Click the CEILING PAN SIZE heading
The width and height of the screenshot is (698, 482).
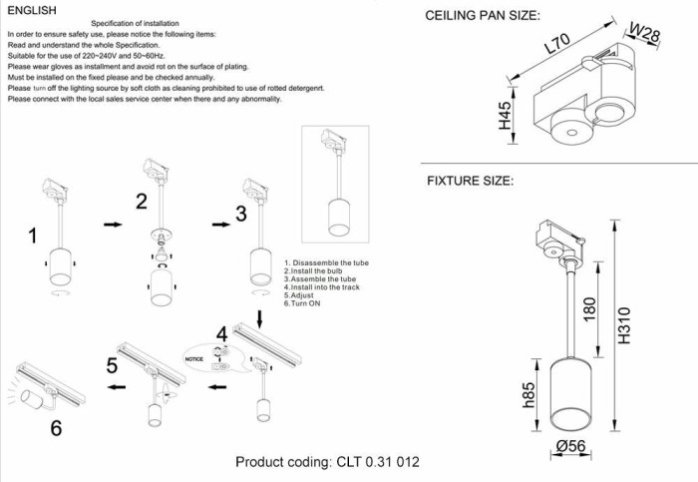(x=483, y=16)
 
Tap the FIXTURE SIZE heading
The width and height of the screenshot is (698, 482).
(x=470, y=181)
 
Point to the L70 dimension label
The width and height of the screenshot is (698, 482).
(x=558, y=46)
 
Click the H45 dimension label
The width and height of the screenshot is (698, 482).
(x=505, y=116)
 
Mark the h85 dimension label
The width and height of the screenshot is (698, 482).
(x=529, y=397)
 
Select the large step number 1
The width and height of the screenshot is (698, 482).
(x=32, y=236)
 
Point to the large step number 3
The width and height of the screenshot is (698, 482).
(x=241, y=214)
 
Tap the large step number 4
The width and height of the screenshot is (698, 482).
(x=223, y=333)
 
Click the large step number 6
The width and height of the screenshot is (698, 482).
(x=57, y=428)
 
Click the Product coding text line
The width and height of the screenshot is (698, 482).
(x=327, y=462)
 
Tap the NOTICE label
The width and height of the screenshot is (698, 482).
(x=194, y=357)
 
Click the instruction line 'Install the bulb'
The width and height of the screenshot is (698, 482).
(x=313, y=270)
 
